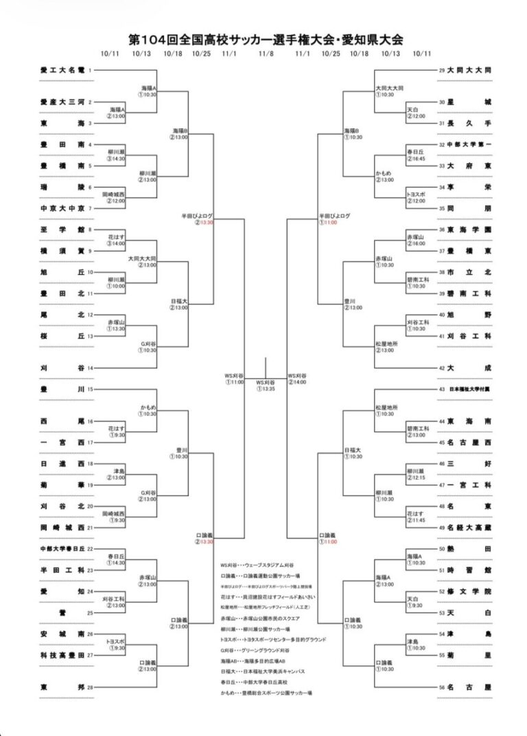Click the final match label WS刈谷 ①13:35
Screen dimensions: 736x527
(x=266, y=385)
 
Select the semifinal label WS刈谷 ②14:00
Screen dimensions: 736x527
(x=297, y=379)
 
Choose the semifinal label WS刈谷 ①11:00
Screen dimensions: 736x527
(x=234, y=379)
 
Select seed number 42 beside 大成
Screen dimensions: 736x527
(x=442, y=368)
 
